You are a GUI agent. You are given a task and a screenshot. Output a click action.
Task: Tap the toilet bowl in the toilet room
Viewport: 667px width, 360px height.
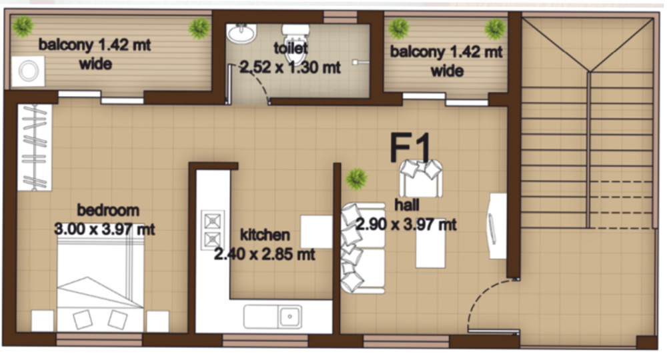click(295, 35)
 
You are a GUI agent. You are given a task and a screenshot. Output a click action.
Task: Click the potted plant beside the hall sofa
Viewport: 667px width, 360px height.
click(357, 178)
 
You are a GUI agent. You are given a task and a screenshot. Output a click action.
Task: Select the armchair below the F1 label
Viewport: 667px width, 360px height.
click(421, 177)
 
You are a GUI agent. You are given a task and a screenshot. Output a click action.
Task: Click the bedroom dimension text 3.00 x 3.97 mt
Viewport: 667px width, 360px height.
click(104, 229)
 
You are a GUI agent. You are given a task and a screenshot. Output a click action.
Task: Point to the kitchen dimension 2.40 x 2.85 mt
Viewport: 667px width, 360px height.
click(263, 254)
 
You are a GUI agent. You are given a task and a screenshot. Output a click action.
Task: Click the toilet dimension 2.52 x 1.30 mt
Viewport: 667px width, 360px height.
click(290, 67)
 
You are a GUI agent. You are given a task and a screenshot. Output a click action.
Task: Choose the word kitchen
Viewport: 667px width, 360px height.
click(265, 235)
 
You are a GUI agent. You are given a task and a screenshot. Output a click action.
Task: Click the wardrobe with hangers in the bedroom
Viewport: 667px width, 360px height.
click(33, 147)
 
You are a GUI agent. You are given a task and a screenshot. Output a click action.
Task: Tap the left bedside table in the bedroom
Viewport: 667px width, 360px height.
click(42, 321)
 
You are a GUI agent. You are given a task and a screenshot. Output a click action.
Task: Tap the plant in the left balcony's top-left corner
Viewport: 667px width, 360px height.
click(23, 27)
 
